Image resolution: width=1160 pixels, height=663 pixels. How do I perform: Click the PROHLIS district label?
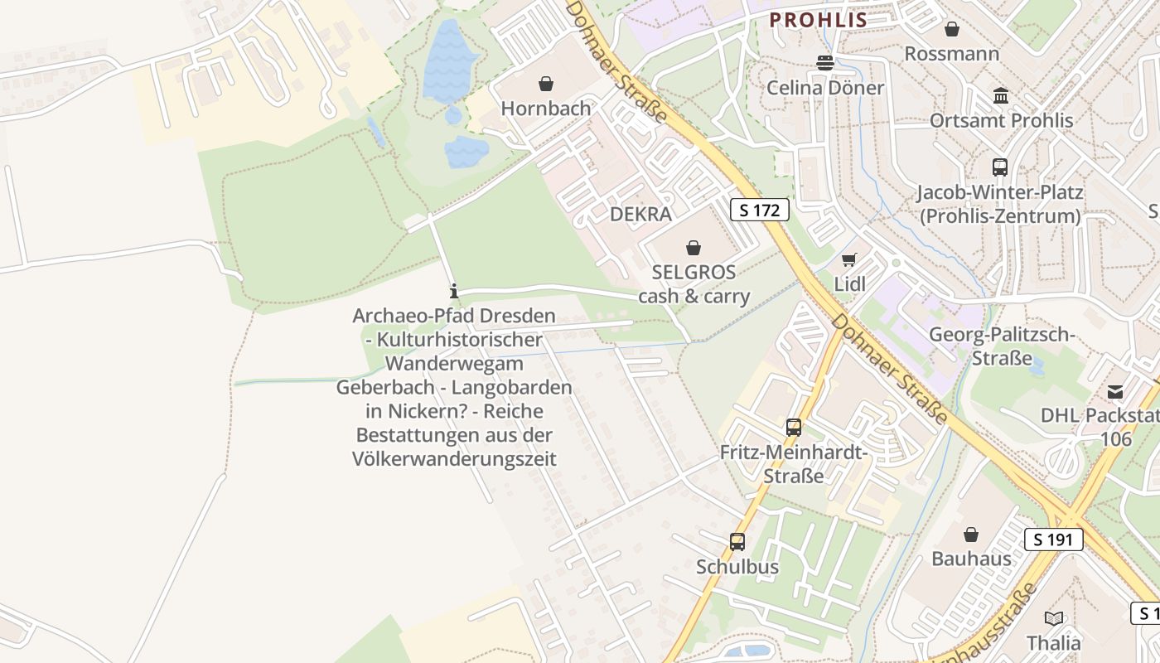(x=818, y=20)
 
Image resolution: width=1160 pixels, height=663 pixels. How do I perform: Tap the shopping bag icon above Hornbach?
(x=546, y=84)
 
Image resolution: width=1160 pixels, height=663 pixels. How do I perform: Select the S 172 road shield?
(x=759, y=210)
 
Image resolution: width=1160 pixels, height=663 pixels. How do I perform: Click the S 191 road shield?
(x=1053, y=540)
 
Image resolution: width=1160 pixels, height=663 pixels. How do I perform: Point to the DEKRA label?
(x=640, y=214)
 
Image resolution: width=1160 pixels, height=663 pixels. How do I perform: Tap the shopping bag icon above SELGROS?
(x=694, y=247)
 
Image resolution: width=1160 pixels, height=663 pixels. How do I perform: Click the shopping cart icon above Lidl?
(x=848, y=259)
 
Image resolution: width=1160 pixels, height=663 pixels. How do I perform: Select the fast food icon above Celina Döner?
(x=825, y=62)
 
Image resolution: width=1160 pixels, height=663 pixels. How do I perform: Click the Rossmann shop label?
(x=951, y=54)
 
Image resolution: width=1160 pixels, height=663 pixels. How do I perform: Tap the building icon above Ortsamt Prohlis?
(x=1001, y=95)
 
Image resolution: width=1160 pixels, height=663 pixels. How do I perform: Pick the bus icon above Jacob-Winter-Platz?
(x=1000, y=167)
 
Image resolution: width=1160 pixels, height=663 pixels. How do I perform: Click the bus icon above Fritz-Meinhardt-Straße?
(x=794, y=428)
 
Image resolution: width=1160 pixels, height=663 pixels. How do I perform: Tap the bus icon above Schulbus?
(x=737, y=542)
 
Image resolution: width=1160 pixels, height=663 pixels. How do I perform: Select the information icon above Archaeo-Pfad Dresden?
(x=454, y=291)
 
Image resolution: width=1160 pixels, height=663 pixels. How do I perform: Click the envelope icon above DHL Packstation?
(x=1115, y=391)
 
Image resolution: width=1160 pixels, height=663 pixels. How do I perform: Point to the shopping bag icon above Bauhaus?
(x=971, y=535)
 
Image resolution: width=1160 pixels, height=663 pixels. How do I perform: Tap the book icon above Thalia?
(x=1054, y=618)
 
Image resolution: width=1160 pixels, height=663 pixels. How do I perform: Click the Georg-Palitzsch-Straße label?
(x=1002, y=346)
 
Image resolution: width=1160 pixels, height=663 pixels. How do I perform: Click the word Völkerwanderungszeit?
(x=454, y=458)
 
